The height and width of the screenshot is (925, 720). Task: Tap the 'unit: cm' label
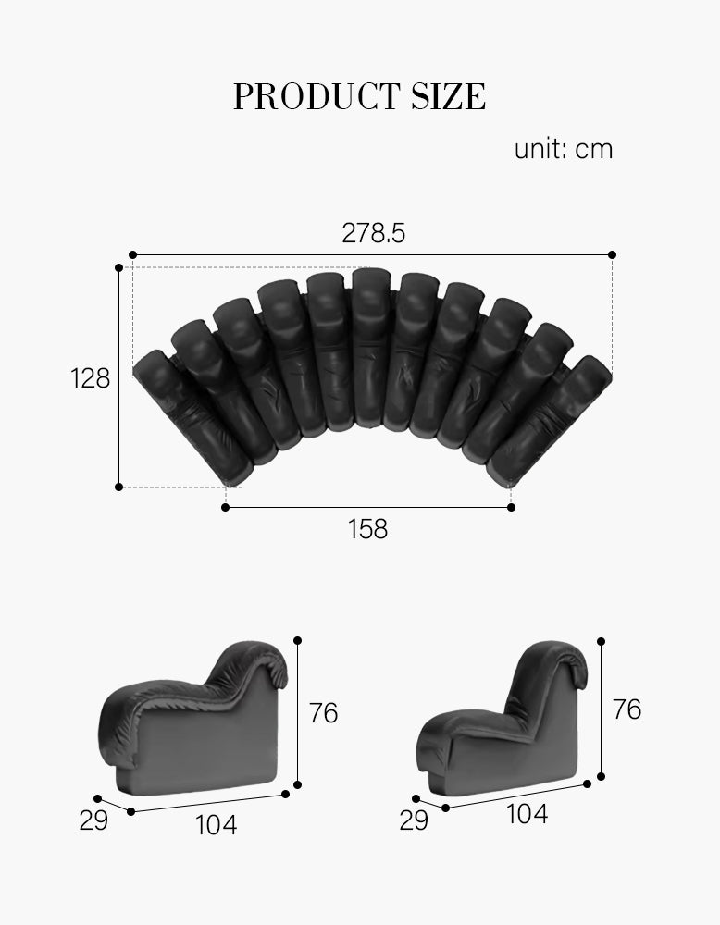pos(564,149)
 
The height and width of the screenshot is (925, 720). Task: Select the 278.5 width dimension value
pos(374,233)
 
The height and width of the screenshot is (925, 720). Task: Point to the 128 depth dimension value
pos(91,378)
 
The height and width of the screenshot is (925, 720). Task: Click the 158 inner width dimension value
pos(367,530)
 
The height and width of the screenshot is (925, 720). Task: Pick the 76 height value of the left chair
pos(323,713)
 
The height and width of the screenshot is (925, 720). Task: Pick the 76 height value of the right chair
pos(627,709)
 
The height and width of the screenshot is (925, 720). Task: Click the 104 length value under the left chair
pos(216,824)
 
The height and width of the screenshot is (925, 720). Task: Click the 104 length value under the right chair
pos(527,814)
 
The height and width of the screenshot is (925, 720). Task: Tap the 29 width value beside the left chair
pos(93,820)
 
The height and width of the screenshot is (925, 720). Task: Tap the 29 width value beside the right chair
pos(414,820)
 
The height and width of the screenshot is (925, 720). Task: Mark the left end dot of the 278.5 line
pos(132,253)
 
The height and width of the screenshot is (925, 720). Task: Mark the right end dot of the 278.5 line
pos(612,253)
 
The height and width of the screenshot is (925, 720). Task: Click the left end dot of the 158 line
pos(226,507)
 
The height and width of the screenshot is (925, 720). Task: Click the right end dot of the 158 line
pos(512,507)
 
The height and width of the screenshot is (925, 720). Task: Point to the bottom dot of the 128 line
pos(118,486)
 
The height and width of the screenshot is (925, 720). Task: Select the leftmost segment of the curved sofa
pos(190,416)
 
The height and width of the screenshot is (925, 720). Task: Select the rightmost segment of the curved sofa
pos(551,421)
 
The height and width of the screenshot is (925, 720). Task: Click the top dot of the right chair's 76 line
pos(602,640)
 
